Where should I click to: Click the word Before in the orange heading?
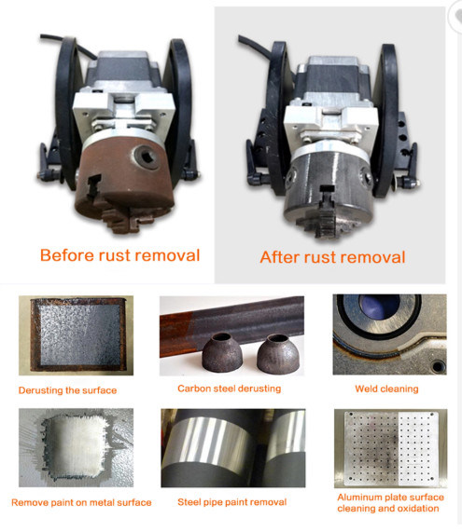coord(67,255)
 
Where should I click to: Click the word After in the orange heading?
coord(280,257)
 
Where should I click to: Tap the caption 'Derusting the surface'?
coord(67,390)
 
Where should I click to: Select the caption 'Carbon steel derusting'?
coord(229,389)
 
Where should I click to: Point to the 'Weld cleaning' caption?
coord(387,389)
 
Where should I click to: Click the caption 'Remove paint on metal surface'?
coord(81,502)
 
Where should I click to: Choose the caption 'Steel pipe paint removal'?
coord(232,502)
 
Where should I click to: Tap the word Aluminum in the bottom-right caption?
coord(357,497)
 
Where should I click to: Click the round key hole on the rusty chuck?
coord(147,157)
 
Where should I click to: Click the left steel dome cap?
coord(222,352)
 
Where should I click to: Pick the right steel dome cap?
coord(278,353)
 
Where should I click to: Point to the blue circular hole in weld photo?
coord(379,306)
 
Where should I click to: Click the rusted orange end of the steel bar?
coord(176,334)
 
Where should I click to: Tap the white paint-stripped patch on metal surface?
coord(76,446)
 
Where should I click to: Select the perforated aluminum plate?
coord(391,448)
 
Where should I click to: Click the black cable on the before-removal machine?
coord(68,44)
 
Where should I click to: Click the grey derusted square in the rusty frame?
coord(80,334)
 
